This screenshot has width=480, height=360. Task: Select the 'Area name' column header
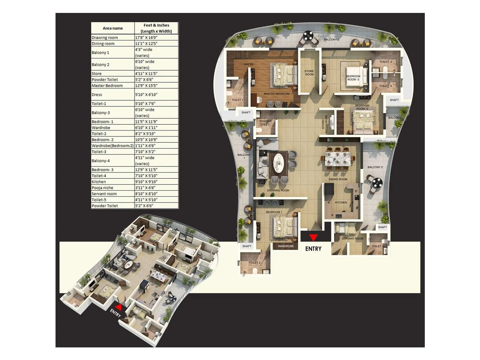click(113, 28)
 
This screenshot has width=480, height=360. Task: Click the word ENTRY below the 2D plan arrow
click(313, 249)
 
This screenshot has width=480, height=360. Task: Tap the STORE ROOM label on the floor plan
click(309, 73)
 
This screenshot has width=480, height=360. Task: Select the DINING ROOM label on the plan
click(338, 179)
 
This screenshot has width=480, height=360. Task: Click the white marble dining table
click(338, 158)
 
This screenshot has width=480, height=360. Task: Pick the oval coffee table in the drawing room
click(278, 163)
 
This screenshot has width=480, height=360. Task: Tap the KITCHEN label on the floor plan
click(341, 202)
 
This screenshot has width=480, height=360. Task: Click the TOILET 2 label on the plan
click(254, 263)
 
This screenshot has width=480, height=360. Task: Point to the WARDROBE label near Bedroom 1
click(286, 246)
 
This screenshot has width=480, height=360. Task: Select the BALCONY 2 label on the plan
click(375, 167)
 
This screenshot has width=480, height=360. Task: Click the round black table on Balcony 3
click(307, 36)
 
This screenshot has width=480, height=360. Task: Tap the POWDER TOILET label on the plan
click(265, 123)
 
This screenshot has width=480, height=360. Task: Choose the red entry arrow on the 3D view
click(119, 307)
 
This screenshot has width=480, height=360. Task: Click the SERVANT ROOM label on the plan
click(352, 239)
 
